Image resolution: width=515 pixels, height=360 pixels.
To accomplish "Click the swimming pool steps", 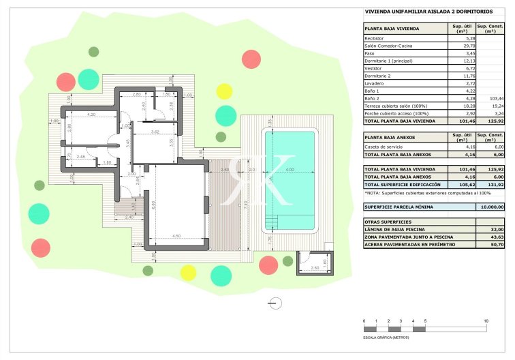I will coord(273,221).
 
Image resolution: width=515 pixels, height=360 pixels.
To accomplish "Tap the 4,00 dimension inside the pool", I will coord(290,170).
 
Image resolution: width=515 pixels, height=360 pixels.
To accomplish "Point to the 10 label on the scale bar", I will coord(486,320).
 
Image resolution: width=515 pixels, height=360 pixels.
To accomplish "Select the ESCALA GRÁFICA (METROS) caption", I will coord(386,337).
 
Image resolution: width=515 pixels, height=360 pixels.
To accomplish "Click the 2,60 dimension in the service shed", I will coord(315,268).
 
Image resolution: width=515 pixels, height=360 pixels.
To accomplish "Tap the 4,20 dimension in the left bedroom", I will coord(91,115).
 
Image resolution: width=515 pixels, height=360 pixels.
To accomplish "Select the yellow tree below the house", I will coord(187,273).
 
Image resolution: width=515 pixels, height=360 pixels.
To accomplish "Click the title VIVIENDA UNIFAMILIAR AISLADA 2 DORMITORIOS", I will coord(419,12).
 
